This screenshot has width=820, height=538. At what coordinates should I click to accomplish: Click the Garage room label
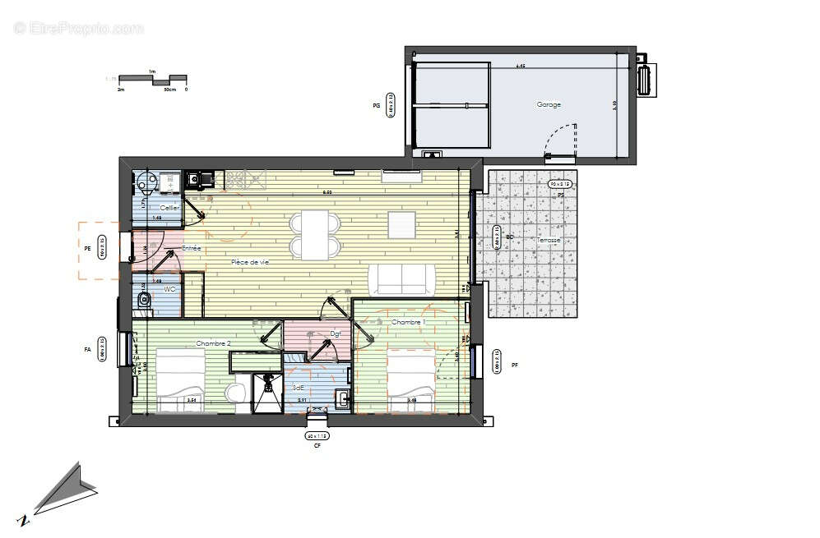[549, 104]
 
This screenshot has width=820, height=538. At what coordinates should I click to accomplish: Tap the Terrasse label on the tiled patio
[549, 240]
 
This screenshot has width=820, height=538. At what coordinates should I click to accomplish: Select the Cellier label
[170, 208]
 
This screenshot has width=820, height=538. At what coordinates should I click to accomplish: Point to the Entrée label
[191, 247]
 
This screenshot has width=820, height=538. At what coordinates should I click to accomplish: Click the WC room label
[169, 289]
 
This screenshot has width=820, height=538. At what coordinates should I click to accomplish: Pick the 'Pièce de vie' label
[250, 261]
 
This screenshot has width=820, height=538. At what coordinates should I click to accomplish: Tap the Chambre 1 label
[407, 322]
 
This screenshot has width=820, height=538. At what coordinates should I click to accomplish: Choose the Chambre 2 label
[213, 343]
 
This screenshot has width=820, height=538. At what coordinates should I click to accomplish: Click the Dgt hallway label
[336, 333]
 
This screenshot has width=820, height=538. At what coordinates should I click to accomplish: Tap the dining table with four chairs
[313, 234]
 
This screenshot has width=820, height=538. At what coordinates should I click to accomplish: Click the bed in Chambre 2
[179, 379]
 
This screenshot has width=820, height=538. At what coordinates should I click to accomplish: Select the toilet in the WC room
[145, 301]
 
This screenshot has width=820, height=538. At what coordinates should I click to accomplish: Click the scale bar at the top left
[152, 80]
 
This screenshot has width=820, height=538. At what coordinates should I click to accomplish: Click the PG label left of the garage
[376, 106]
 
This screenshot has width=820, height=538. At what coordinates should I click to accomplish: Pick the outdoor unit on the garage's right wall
[648, 80]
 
